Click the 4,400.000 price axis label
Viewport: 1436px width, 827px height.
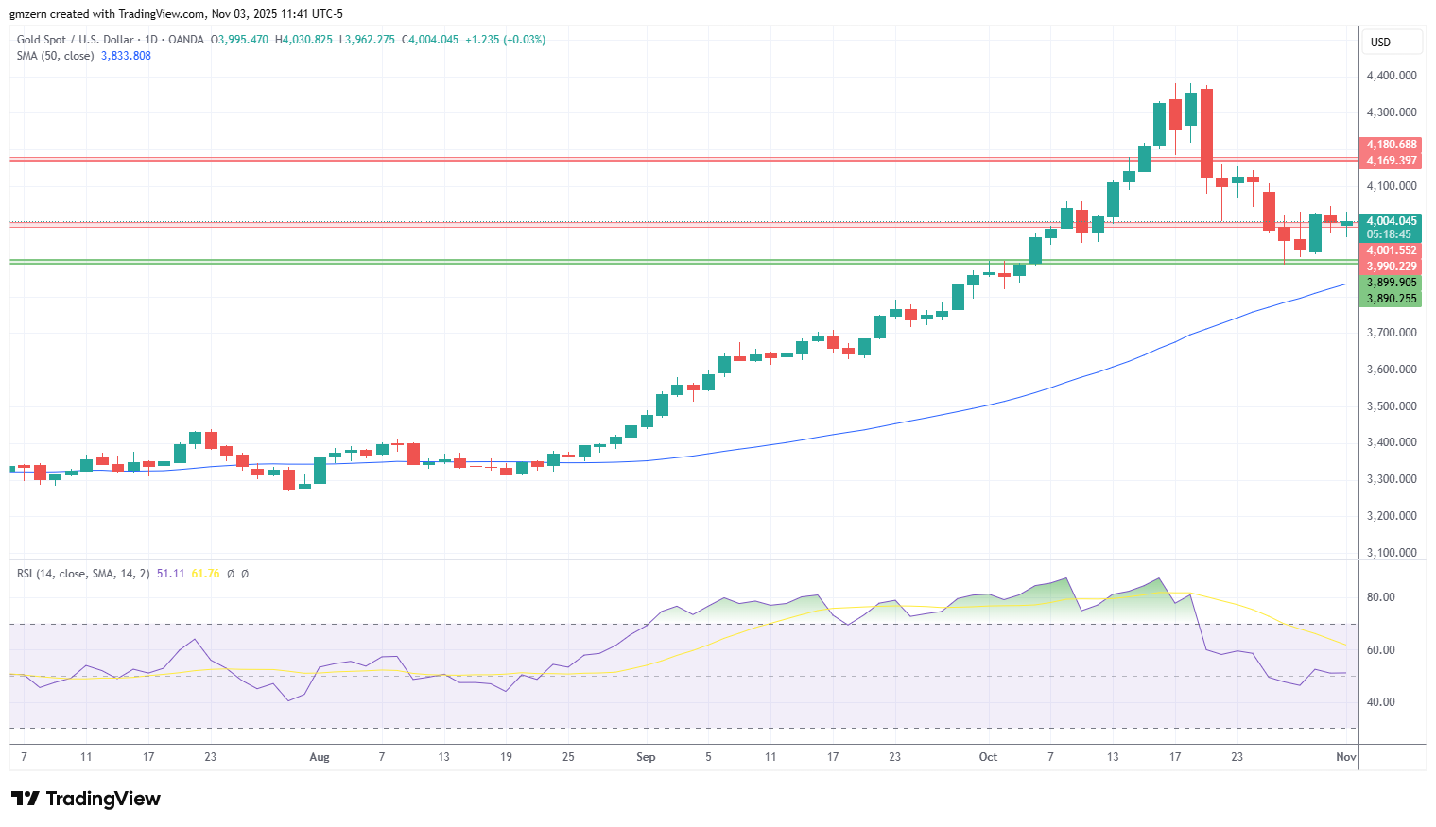tap(1392, 76)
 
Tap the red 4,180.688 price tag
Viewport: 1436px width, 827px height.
tap(1391, 145)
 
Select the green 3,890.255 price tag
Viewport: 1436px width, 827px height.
tap(1391, 299)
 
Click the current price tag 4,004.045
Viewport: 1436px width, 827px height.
tap(1391, 221)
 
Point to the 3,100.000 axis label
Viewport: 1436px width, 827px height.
tap(1392, 553)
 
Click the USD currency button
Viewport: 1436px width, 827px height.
tap(1380, 43)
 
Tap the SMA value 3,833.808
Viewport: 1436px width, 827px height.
tap(126, 56)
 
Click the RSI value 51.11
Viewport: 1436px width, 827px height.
tap(170, 574)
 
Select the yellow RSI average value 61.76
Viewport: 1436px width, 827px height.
tap(205, 574)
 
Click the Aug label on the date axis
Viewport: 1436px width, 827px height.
tap(320, 757)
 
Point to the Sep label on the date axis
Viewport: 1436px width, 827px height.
tap(646, 757)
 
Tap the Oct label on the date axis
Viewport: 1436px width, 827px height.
tap(988, 757)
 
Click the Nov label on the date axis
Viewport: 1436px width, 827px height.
tap(1345, 757)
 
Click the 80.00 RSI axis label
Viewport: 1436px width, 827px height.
tap(1380, 597)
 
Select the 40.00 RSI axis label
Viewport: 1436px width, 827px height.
tap(1380, 702)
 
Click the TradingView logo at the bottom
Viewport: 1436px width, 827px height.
tap(86, 799)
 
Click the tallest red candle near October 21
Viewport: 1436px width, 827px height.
tap(1206, 132)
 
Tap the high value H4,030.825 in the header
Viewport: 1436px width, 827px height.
tap(303, 40)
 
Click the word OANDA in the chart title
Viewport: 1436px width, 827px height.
tap(186, 40)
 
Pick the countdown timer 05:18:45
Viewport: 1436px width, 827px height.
tap(1389, 234)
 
